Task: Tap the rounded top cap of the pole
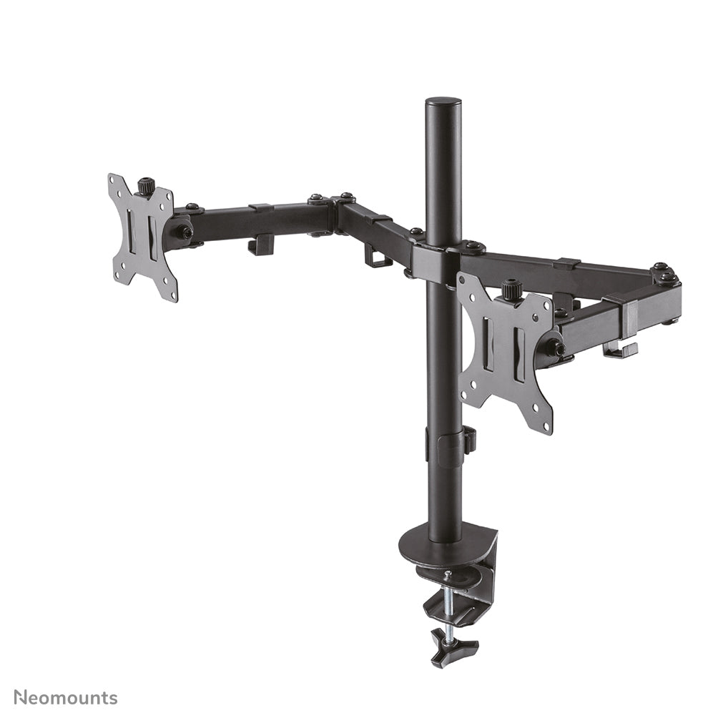point(443,102)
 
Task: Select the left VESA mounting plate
point(142,236)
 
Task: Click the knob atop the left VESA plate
point(147,185)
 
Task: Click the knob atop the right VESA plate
point(511,289)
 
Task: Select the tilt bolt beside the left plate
point(184,232)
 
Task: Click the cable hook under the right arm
point(619,350)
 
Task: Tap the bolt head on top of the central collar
point(473,246)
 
